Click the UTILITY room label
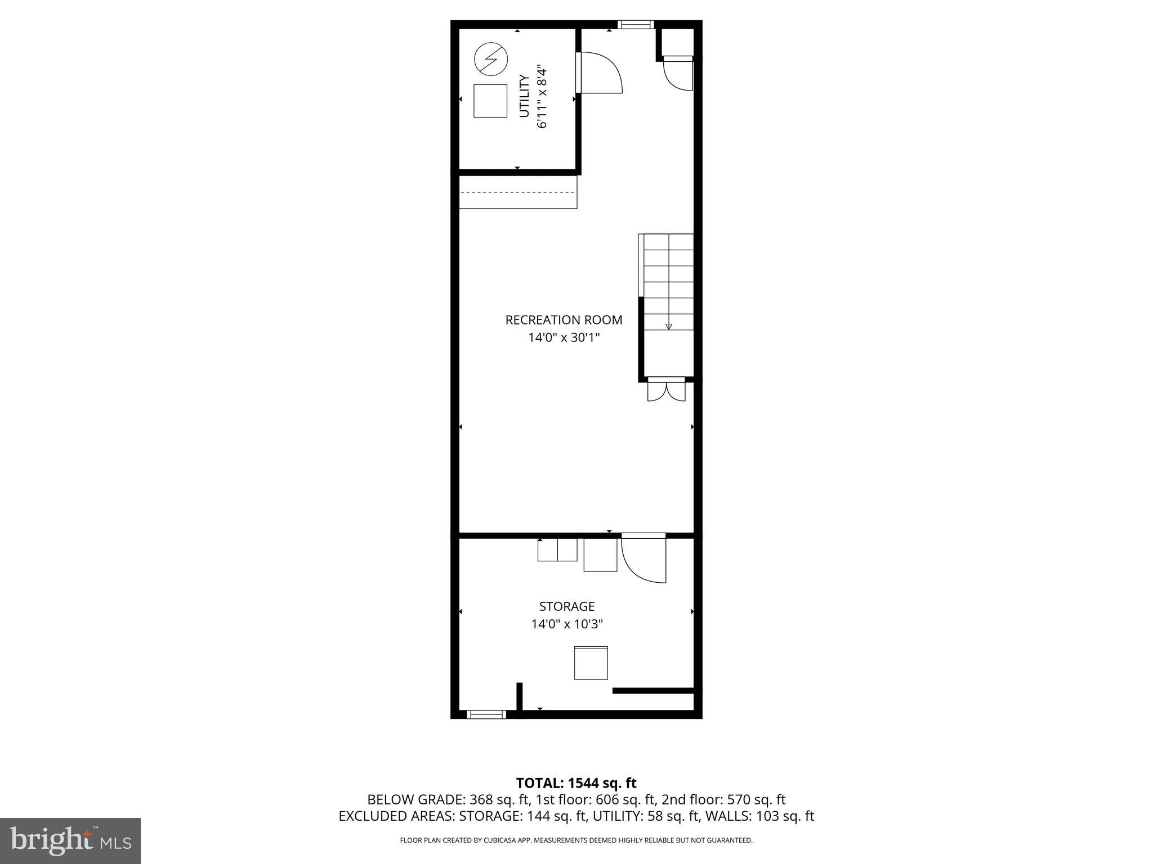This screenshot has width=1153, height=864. click(524, 96)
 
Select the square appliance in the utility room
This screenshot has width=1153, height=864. click(490, 101)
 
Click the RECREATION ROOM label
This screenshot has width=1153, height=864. click(564, 320)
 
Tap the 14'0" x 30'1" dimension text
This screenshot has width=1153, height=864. click(564, 337)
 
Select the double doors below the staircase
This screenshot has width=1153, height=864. click(667, 390)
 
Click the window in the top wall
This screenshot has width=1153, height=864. click(636, 24)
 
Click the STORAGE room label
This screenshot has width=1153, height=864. click(567, 606)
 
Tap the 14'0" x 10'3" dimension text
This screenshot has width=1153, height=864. click(567, 624)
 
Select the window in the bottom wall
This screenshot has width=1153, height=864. click(486, 714)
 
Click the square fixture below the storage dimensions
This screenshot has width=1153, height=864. click(591, 663)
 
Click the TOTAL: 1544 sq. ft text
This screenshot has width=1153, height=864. click(576, 783)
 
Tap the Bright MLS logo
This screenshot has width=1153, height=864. click(70, 840)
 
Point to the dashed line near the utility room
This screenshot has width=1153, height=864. click(518, 192)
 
